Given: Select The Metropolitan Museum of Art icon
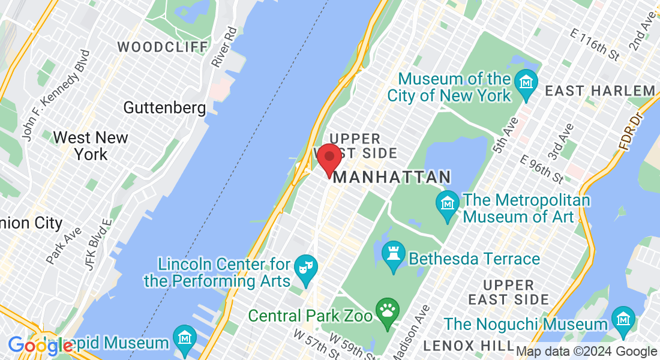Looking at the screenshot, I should click(x=448, y=201).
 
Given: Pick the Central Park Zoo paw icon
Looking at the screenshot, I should click(x=387, y=310).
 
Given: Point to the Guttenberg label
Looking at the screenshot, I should click(x=164, y=108).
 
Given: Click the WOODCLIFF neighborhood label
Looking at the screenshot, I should click(x=163, y=47).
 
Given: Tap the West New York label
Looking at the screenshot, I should click(x=91, y=146).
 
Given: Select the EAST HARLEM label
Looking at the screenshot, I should click(x=600, y=91).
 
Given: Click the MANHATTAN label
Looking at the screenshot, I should click(x=392, y=177).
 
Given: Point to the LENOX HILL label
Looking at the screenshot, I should click(x=467, y=346).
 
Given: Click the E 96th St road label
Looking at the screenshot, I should click(x=542, y=169).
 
